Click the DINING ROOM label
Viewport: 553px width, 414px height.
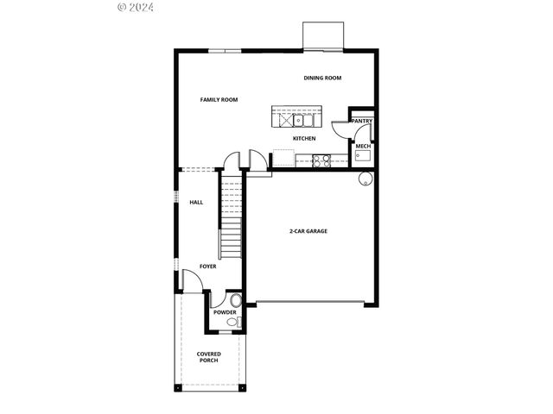tap(322, 78)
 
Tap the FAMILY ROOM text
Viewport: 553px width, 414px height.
tap(219, 100)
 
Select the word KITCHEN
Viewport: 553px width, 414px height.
tap(304, 138)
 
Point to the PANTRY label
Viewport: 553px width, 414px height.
tap(362, 122)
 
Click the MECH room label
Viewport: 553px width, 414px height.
tap(363, 147)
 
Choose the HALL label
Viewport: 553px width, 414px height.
tap(196, 203)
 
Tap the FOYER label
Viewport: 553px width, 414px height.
tap(208, 267)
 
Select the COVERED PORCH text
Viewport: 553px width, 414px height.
tap(208, 357)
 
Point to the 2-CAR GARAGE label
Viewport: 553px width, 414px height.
tap(308, 231)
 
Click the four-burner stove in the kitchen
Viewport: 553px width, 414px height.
tap(321, 160)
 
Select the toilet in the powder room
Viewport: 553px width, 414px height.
tap(230, 323)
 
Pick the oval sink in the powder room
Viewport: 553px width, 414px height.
tap(236, 299)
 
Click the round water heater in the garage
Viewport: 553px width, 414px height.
tap(365, 179)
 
